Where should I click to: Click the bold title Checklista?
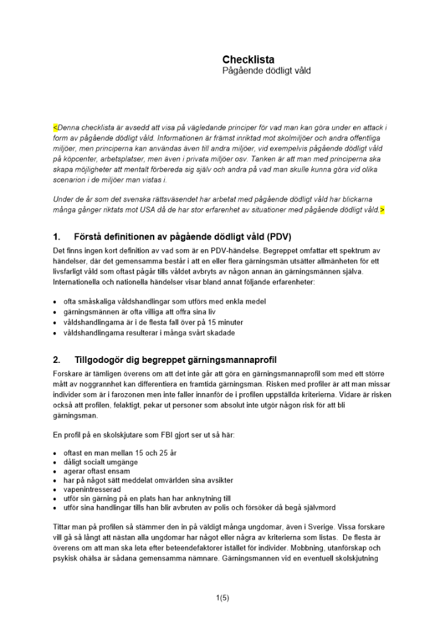(x=248, y=60)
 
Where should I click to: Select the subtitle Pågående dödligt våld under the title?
(x=266, y=71)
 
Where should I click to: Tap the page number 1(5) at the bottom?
(x=222, y=598)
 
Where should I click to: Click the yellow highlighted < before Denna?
(x=55, y=127)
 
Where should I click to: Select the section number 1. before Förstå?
(x=57, y=237)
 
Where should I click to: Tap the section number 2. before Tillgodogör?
(x=57, y=360)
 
